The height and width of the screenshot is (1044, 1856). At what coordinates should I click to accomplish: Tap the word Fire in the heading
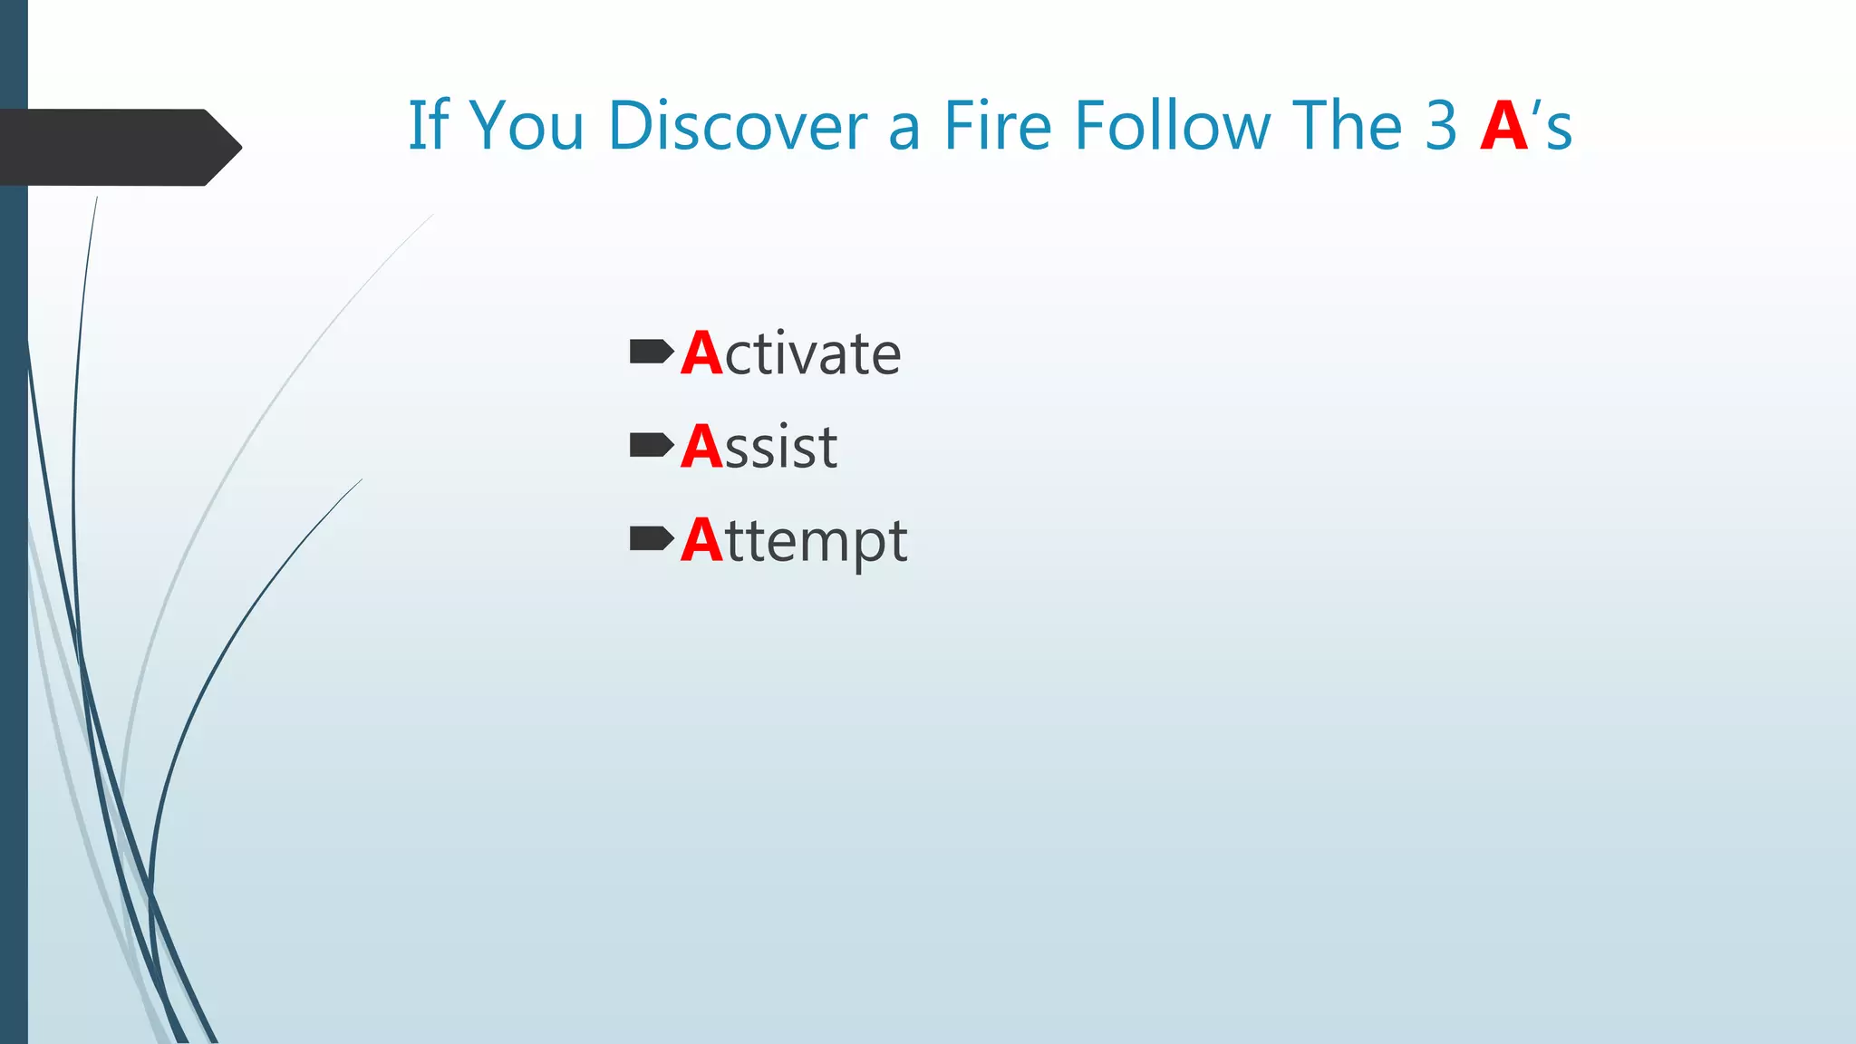click(x=997, y=125)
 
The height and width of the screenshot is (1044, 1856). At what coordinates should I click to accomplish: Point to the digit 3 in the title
click(x=1441, y=125)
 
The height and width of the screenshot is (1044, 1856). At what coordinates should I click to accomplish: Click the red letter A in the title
click(x=1504, y=126)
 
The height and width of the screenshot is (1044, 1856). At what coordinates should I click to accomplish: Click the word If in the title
click(x=428, y=125)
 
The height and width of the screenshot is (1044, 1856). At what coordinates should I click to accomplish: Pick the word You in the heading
click(x=527, y=125)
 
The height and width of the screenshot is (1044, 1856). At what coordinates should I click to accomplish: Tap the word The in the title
click(x=1348, y=125)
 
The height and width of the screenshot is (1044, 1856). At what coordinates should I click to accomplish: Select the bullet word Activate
click(x=791, y=353)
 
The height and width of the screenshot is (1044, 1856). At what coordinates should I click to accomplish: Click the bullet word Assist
click(x=759, y=447)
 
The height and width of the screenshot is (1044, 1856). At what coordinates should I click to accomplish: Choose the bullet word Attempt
click(x=794, y=541)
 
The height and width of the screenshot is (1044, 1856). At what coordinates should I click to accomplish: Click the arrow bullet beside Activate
click(x=651, y=351)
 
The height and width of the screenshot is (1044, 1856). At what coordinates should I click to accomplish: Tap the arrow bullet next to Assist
click(x=651, y=445)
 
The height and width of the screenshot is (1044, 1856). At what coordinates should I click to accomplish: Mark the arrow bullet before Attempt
click(x=651, y=538)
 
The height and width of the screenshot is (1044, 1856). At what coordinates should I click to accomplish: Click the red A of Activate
click(x=702, y=353)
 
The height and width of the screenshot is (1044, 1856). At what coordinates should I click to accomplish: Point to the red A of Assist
click(x=702, y=447)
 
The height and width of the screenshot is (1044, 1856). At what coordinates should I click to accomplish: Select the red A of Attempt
click(x=702, y=541)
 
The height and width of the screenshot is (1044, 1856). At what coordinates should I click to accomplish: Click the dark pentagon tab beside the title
click(x=118, y=147)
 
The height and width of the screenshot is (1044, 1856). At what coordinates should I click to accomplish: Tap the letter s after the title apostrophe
click(x=1559, y=130)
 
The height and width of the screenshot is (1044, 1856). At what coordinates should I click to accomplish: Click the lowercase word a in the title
click(x=904, y=130)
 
